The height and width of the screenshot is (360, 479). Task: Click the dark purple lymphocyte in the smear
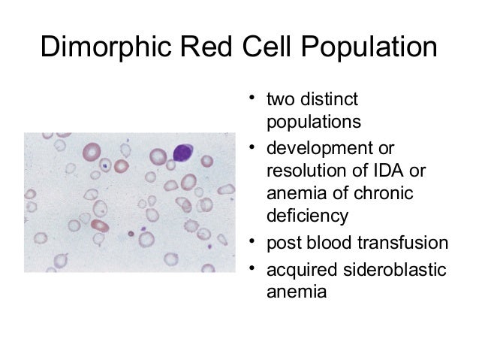[184, 153]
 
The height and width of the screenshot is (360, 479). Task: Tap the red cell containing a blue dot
[107, 162]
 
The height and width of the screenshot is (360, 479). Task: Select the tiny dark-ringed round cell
[131, 233]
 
